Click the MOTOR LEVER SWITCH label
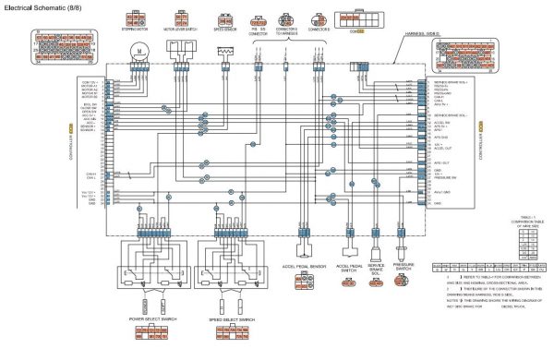point(182,29)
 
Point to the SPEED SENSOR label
point(226,29)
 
